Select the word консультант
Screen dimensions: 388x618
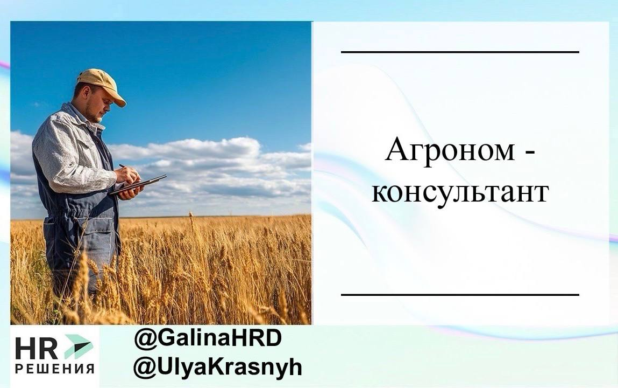[460, 192]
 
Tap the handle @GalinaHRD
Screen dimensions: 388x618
[208, 339]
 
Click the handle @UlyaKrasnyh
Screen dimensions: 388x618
[217, 368]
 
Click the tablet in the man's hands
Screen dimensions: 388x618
[138, 184]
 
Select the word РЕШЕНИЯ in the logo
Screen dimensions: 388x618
[54, 370]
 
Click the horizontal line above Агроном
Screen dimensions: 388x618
[460, 52]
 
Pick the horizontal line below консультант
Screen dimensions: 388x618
[460, 295]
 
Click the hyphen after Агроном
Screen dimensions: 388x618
[530, 155]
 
